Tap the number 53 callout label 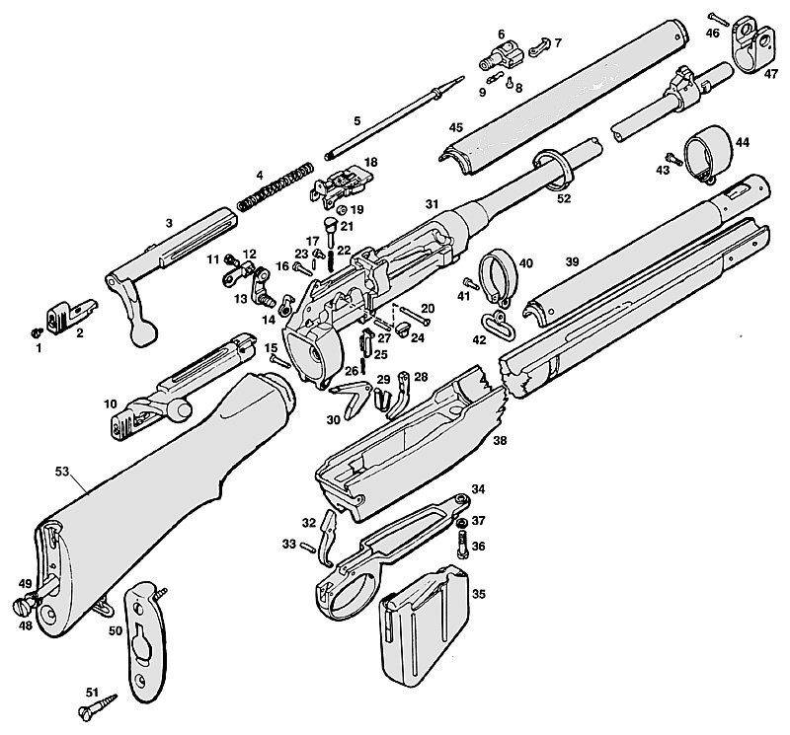point(61,472)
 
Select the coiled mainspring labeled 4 point(276,186)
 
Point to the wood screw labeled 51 point(98,705)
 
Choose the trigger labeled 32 point(328,538)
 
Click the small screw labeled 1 point(37,332)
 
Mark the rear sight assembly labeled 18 point(342,187)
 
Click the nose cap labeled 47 point(751,45)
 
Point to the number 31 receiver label point(432,204)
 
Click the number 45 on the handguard point(455,127)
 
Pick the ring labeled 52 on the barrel point(552,170)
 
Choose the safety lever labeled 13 point(263,288)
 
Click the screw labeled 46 point(719,20)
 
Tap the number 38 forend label point(500,440)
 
